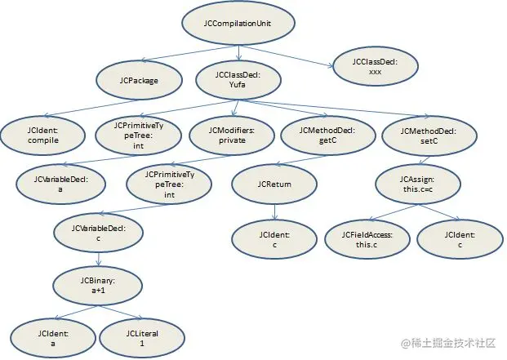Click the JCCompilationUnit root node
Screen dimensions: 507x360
click(x=238, y=24)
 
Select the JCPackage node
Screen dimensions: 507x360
click(x=139, y=81)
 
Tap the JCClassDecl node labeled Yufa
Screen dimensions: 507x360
click(x=238, y=80)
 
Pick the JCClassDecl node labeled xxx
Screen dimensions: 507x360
click(x=375, y=66)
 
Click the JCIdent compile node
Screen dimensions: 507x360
click(x=43, y=136)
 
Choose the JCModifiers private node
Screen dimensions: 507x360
click(x=232, y=136)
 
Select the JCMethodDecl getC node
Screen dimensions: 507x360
click(x=327, y=136)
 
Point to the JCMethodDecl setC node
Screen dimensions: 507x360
click(x=429, y=136)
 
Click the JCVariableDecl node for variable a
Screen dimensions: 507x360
click(x=60, y=184)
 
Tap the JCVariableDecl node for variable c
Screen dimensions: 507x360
click(x=98, y=233)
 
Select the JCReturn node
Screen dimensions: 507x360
click(x=274, y=184)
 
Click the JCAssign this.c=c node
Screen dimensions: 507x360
click(x=418, y=184)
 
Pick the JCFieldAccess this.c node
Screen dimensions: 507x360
click(x=367, y=239)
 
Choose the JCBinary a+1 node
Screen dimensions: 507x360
click(x=98, y=286)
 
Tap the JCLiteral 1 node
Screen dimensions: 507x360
click(x=142, y=338)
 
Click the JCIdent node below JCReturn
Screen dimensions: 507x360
click(x=274, y=239)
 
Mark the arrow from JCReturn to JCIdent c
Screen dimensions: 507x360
click(x=274, y=212)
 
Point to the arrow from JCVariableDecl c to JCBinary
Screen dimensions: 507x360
click(x=99, y=259)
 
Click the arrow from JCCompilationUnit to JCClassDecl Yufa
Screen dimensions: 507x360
click(x=238, y=53)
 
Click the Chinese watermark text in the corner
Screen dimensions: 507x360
click(x=448, y=343)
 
